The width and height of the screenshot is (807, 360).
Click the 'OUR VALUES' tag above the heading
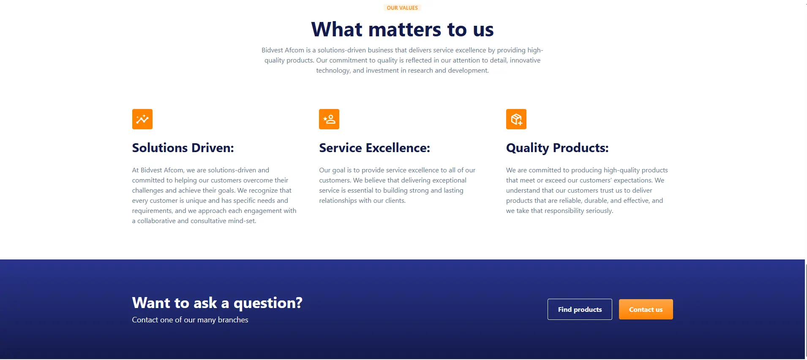coord(402,8)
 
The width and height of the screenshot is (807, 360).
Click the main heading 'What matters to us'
coord(402,30)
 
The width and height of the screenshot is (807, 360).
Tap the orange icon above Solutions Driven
coord(142,119)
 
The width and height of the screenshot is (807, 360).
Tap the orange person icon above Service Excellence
coord(329,119)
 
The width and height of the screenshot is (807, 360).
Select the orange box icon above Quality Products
coord(516,119)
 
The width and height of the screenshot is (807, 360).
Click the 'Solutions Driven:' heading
coord(183,148)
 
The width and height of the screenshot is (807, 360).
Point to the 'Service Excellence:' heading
coord(374,148)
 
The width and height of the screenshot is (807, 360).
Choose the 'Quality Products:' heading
coord(557,148)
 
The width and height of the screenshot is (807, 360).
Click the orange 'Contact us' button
coord(646,309)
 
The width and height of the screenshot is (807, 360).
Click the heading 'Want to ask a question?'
coord(217,303)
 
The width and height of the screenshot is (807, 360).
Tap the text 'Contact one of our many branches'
coord(190,320)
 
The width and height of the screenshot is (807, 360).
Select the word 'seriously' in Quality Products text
coord(599,211)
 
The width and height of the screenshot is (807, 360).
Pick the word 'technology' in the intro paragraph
coord(333,71)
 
